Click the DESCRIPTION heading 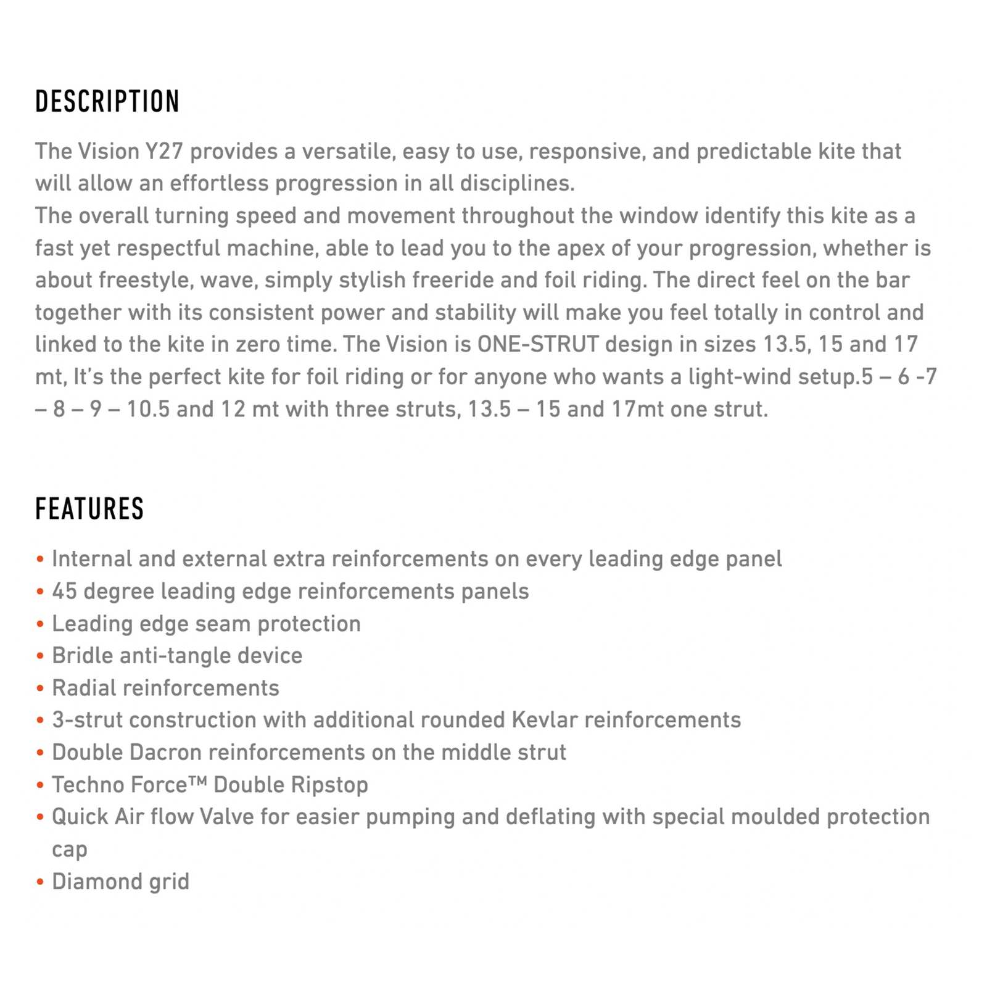pyautogui.click(x=107, y=102)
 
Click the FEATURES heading pyautogui.click(x=89, y=510)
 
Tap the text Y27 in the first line pyautogui.click(x=164, y=152)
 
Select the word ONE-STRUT pyautogui.click(x=538, y=344)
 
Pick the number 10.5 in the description pyautogui.click(x=148, y=409)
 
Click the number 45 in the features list pyautogui.click(x=64, y=591)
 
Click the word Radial pyautogui.click(x=83, y=688)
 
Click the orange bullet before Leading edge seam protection pyautogui.click(x=40, y=624)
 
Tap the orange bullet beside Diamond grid pyautogui.click(x=40, y=882)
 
